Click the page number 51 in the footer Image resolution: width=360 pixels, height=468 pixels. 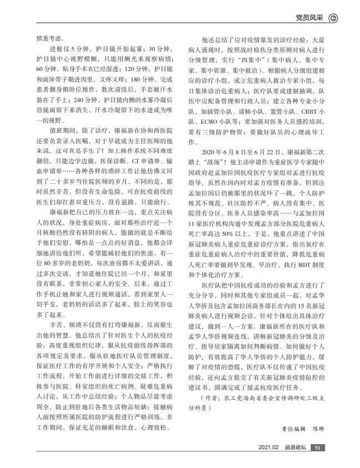316,447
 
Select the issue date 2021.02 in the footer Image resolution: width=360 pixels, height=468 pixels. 268,447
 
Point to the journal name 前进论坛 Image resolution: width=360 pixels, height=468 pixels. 294,447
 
